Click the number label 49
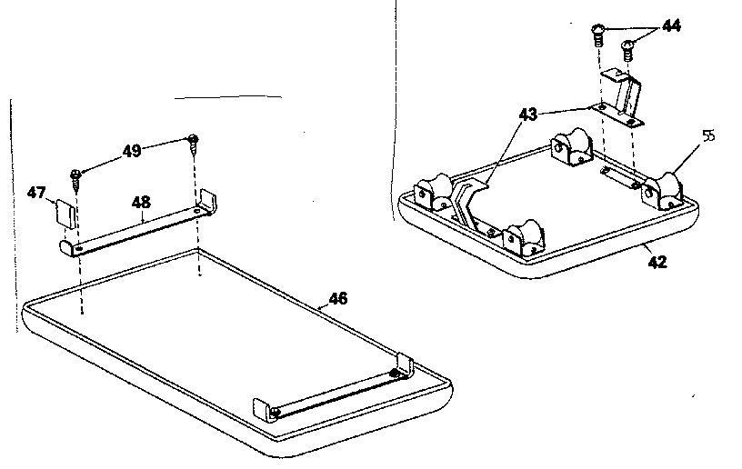(x=132, y=151)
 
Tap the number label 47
(x=35, y=193)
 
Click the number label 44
(x=671, y=26)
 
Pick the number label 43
(x=527, y=115)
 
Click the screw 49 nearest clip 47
(x=76, y=176)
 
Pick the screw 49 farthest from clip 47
(x=193, y=142)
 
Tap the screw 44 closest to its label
(x=627, y=46)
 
